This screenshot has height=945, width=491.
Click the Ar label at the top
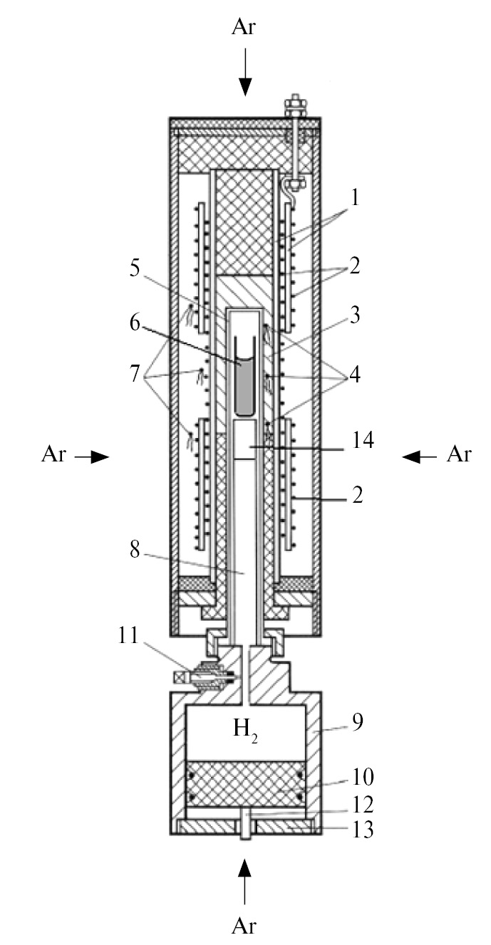(x=244, y=27)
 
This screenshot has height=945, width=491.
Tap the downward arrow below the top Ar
(x=245, y=72)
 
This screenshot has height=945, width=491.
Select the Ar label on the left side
(x=54, y=455)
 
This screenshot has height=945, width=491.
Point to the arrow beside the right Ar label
(x=419, y=456)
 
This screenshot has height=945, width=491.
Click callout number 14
(x=363, y=440)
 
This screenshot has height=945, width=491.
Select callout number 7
(x=135, y=374)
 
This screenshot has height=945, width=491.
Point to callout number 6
(x=135, y=323)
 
